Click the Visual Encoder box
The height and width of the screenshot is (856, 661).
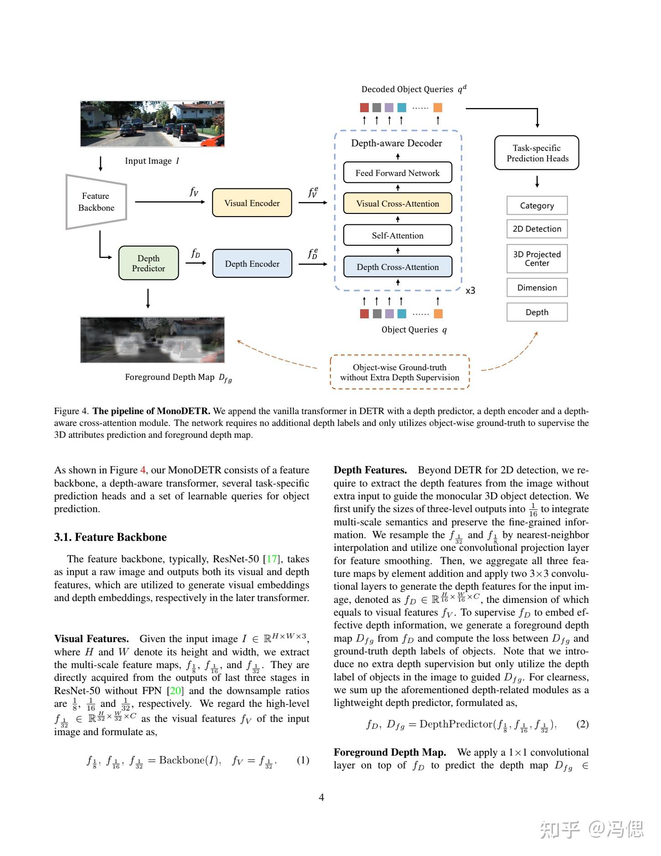coord(252,203)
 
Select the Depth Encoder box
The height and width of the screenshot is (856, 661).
coord(252,264)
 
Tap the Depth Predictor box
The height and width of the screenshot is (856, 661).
coord(149,263)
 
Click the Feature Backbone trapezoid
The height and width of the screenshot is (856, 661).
coord(96,202)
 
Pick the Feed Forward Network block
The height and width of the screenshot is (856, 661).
coord(398,173)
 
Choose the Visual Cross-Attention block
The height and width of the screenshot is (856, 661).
coord(398,203)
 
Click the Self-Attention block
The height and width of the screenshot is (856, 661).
coord(398,235)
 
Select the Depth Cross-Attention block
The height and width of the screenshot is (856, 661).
coord(398,267)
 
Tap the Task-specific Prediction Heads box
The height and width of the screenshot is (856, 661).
coord(537,153)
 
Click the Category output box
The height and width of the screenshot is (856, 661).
coord(537,205)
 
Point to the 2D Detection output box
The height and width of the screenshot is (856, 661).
coord(537,229)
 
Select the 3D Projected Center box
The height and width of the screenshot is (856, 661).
coord(537,259)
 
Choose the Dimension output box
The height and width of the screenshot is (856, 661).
coord(537,287)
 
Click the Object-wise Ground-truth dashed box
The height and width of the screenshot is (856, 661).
coord(399,372)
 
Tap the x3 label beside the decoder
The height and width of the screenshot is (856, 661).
coord(470,291)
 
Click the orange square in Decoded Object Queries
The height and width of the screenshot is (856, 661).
coord(438,108)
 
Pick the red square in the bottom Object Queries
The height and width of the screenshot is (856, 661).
coord(364,314)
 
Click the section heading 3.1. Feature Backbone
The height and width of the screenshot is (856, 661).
coord(110,537)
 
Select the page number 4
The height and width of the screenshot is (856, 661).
coord(321,797)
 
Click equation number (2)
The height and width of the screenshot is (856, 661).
coord(582,724)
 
